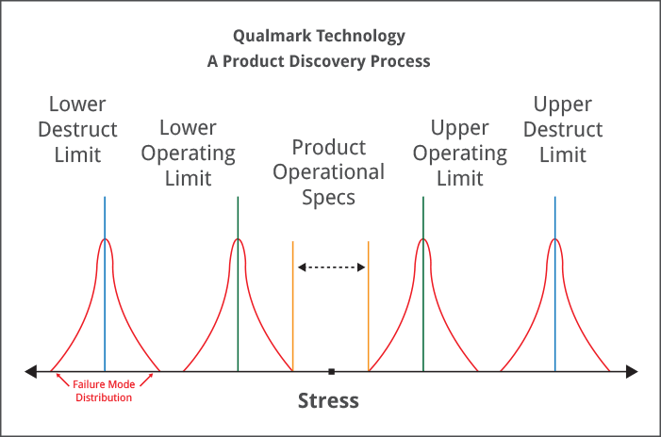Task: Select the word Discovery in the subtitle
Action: click(x=327, y=62)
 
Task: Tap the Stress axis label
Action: click(x=328, y=400)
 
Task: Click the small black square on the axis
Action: click(x=332, y=371)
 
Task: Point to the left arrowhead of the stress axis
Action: click(x=31, y=371)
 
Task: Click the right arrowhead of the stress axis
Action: click(x=632, y=371)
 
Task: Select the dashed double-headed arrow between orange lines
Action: click(x=331, y=267)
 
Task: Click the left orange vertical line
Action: click(x=293, y=306)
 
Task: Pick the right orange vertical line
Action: click(x=369, y=306)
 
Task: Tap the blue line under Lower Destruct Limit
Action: click(x=105, y=283)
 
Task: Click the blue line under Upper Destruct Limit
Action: click(x=555, y=283)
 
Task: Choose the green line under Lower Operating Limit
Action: click(x=238, y=283)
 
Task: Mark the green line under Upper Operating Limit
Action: click(x=423, y=283)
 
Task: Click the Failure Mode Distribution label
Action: click(x=104, y=391)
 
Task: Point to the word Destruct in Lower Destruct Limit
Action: click(x=77, y=129)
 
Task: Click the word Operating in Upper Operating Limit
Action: click(x=460, y=154)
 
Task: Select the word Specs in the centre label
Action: click(x=328, y=198)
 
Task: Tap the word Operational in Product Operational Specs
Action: click(x=328, y=172)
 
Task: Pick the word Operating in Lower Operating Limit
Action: click(x=188, y=154)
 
